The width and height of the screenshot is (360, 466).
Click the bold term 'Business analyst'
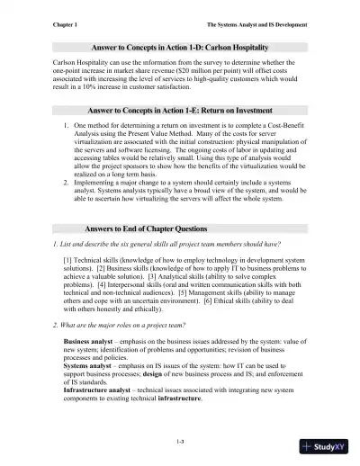[x=89, y=344]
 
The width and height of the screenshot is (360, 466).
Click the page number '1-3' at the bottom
[x=180, y=440]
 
